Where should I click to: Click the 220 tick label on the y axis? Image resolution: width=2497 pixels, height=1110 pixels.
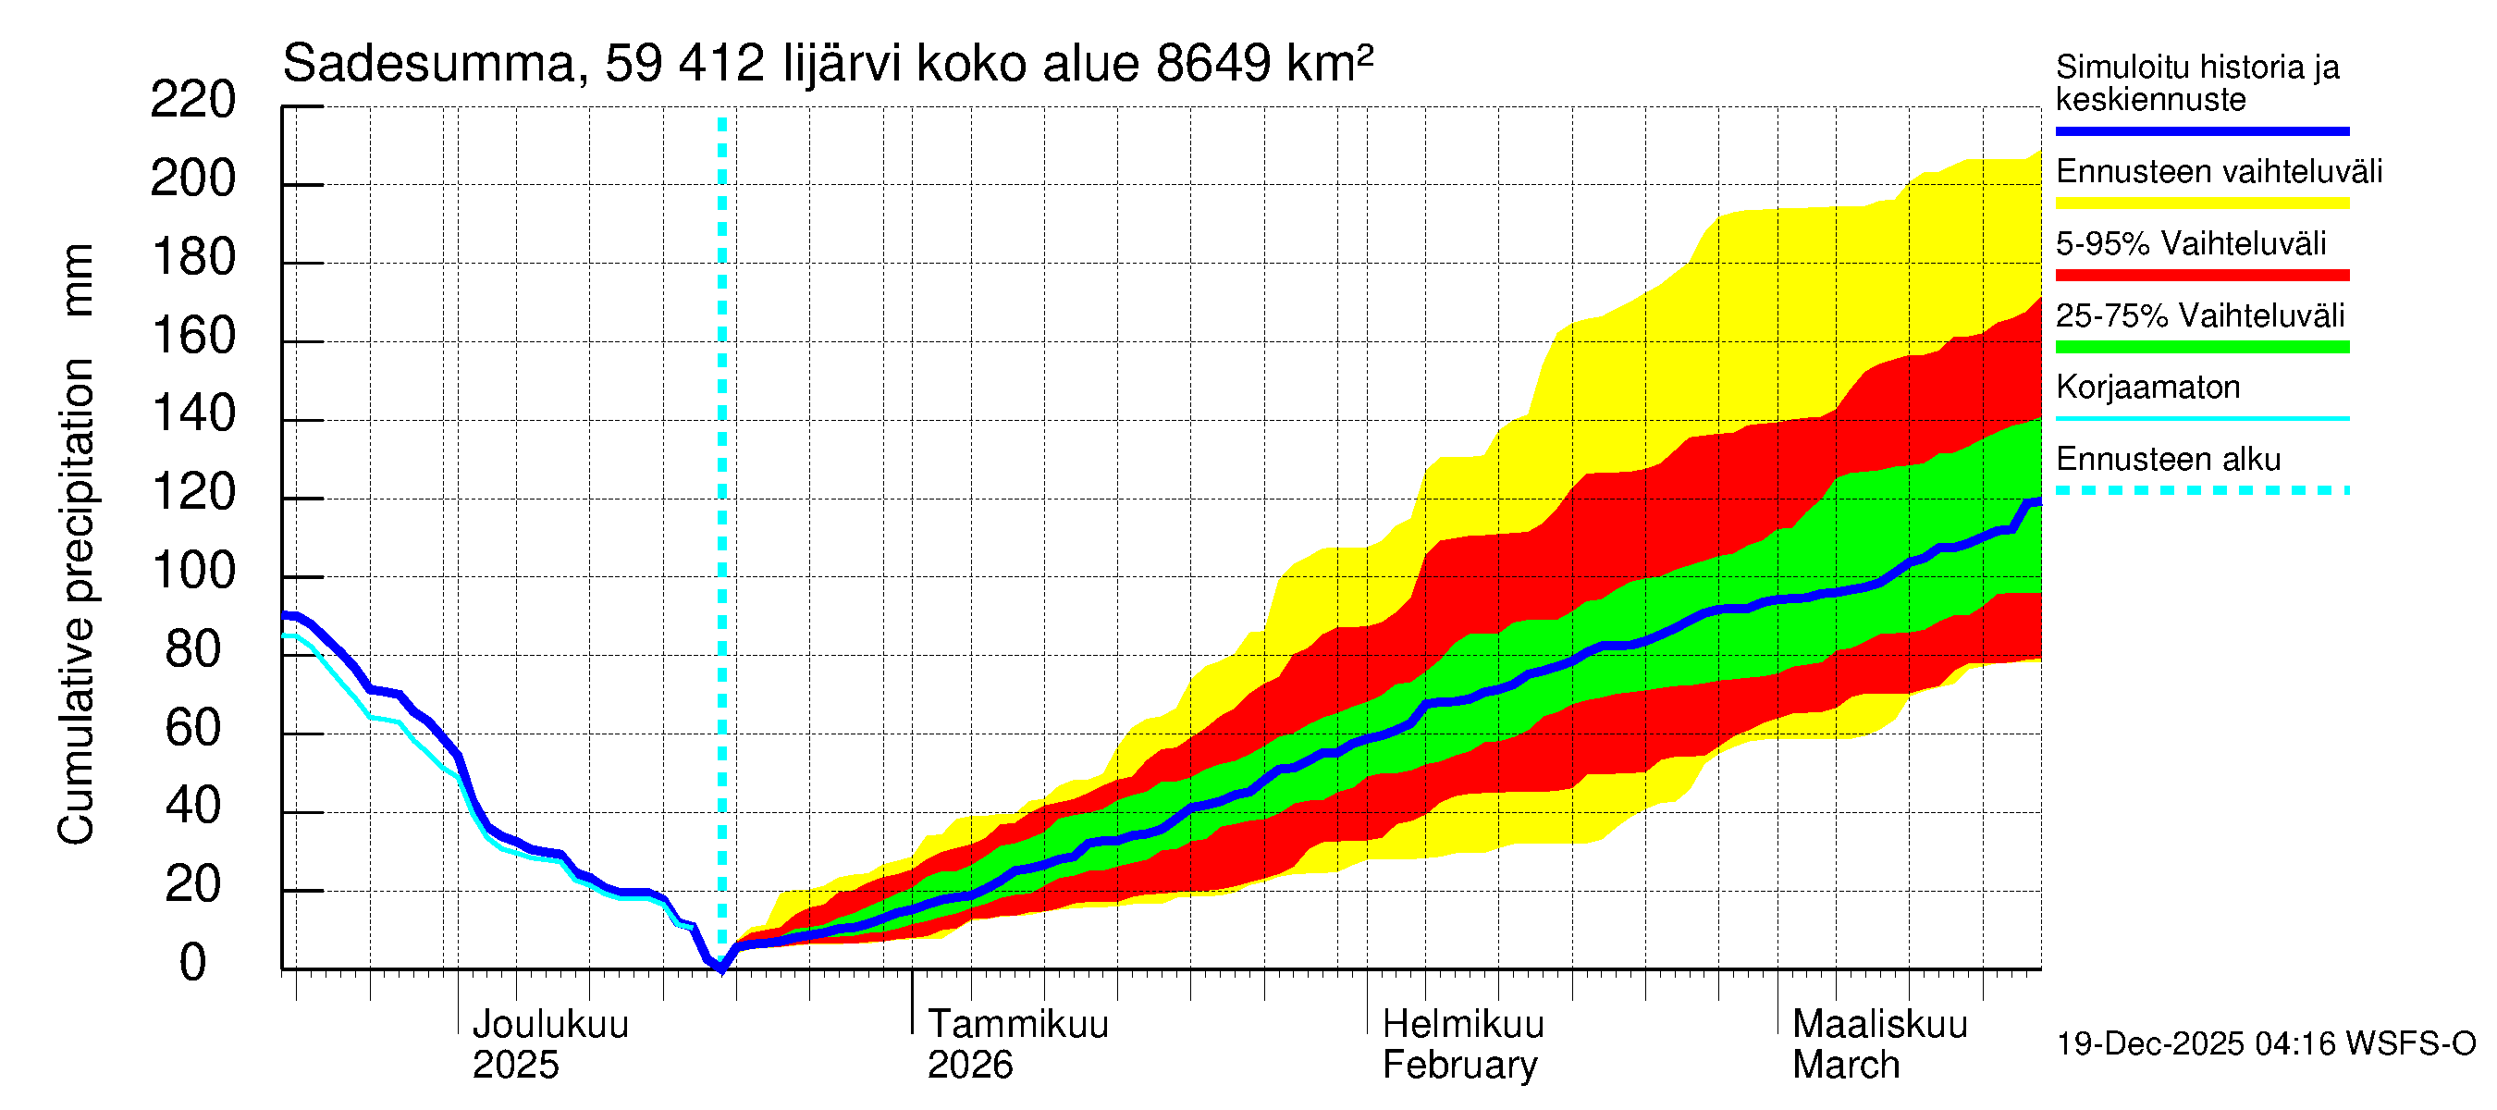(193, 101)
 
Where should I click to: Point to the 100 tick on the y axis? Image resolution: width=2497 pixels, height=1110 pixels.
(193, 572)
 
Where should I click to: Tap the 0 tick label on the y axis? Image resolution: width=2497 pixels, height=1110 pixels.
(193, 964)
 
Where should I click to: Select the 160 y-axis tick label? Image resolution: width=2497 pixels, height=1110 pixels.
(193, 337)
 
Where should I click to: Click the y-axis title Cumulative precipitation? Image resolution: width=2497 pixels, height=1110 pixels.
(77, 601)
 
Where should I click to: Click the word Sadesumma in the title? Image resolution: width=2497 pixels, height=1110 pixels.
(428, 65)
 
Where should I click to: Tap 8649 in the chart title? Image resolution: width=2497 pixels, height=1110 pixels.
(1212, 65)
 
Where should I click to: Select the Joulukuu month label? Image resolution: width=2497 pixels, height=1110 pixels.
(549, 1025)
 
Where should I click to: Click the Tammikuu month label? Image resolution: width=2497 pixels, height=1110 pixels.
(1018, 1025)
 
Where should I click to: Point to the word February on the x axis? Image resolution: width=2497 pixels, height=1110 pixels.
(1459, 1066)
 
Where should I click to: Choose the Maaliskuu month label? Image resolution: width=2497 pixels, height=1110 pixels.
(1879, 1025)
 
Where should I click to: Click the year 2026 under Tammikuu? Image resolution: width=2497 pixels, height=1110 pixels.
(969, 1066)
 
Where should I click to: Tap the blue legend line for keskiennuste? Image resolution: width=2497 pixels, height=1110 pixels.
(2201, 130)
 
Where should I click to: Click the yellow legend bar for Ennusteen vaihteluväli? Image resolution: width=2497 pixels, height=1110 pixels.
(2201, 203)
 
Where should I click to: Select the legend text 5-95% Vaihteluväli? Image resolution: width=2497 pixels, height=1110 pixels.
(2190, 243)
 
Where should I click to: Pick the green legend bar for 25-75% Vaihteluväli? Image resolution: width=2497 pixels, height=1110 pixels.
(2201, 347)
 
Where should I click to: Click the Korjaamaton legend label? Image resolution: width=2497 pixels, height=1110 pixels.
(2147, 388)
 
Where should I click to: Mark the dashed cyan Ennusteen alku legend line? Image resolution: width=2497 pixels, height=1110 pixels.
(2201, 490)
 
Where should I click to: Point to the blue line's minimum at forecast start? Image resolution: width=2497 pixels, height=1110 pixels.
(721, 968)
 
